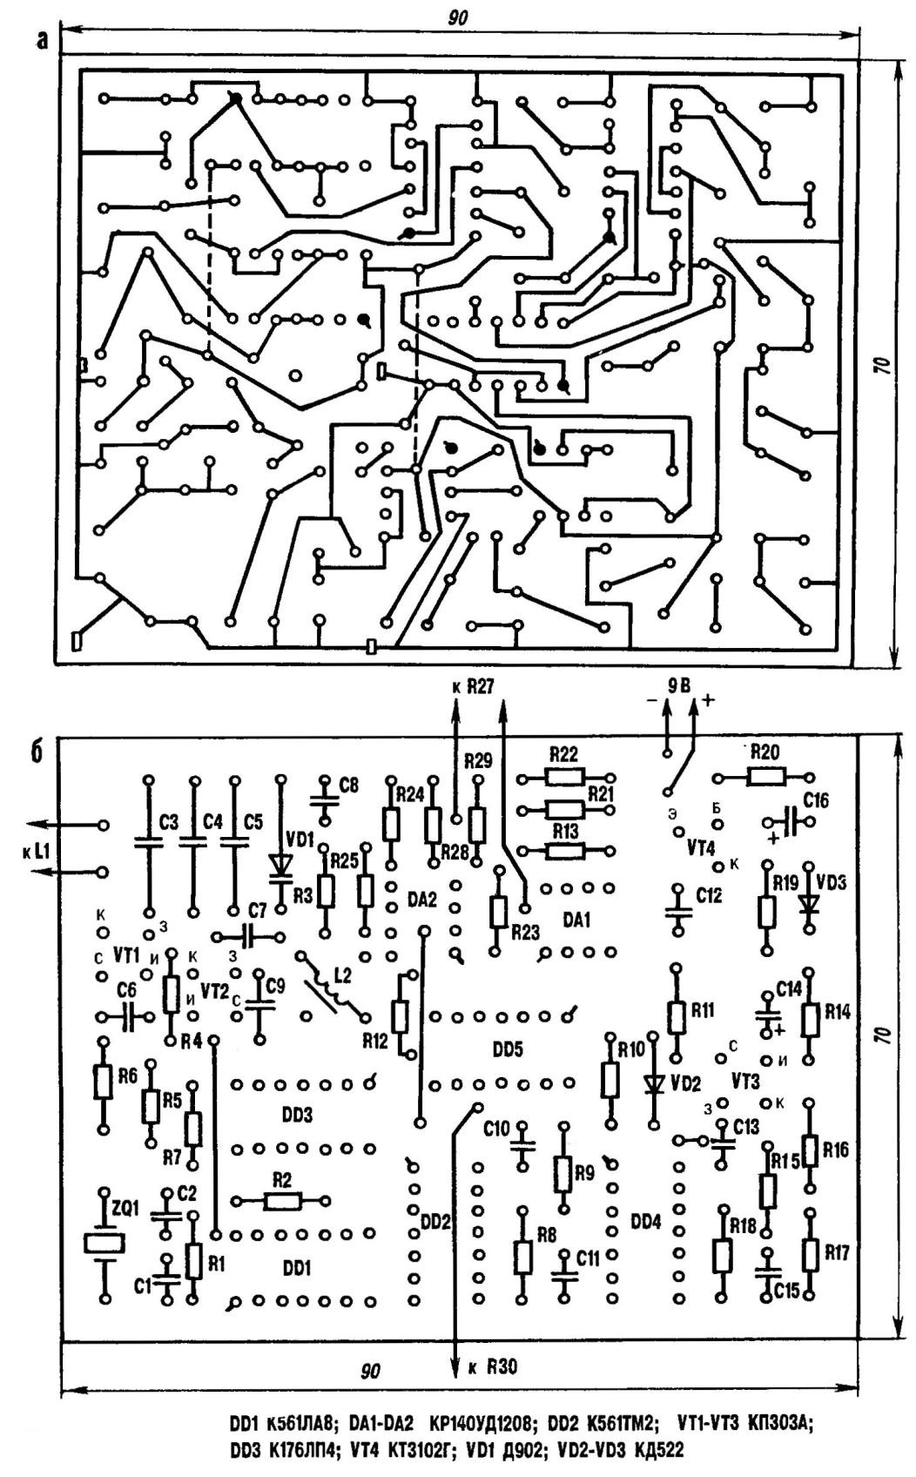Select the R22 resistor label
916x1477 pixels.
pyautogui.click(x=564, y=754)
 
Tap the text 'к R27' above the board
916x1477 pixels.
pyautogui.click(x=473, y=687)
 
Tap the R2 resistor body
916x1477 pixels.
pyautogui.click(x=281, y=1201)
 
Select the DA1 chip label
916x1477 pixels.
pyautogui.click(x=576, y=920)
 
